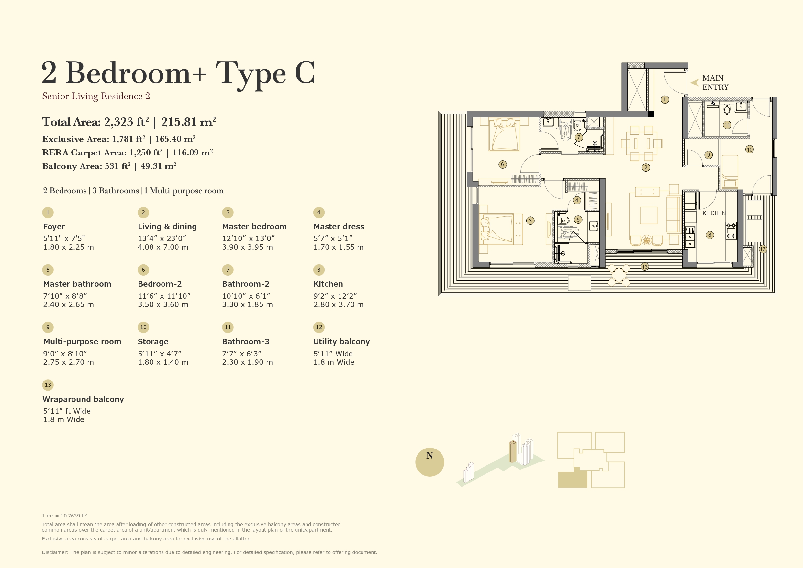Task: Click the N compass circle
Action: tap(429, 462)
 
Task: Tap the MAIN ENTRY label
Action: tap(715, 83)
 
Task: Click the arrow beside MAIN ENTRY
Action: tap(695, 83)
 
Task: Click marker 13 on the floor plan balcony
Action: tap(644, 267)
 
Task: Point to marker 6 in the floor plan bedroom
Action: tap(503, 165)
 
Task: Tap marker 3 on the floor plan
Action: tap(530, 221)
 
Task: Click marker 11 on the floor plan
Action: tap(727, 125)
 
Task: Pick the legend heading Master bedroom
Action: tap(254, 227)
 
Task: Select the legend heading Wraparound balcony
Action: tap(83, 399)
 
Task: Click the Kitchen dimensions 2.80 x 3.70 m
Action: tap(338, 304)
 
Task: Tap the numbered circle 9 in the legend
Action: tap(48, 327)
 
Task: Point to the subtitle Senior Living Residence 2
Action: tap(96, 96)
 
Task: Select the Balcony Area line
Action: tap(109, 166)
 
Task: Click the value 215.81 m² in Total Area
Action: tap(188, 122)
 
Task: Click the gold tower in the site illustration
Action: tap(512, 452)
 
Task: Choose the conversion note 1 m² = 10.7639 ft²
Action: tap(64, 516)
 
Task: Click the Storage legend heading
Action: tap(153, 342)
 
